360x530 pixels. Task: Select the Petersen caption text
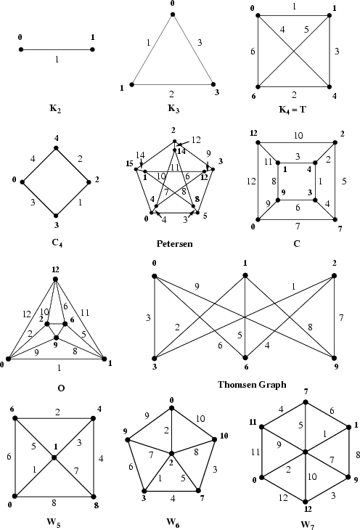(x=174, y=244)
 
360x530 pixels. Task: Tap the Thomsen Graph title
(x=252, y=384)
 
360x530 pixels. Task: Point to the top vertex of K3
(x=172, y=13)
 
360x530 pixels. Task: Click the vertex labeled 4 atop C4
(x=56, y=149)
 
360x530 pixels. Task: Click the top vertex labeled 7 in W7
(x=306, y=401)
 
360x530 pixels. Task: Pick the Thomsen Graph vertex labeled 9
(x=334, y=357)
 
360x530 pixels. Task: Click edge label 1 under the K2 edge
(x=57, y=60)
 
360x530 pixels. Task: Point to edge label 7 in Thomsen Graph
(x=341, y=317)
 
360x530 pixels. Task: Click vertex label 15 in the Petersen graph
(x=130, y=166)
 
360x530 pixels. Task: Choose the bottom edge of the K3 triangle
(x=172, y=84)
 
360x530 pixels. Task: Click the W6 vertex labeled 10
(x=216, y=439)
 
